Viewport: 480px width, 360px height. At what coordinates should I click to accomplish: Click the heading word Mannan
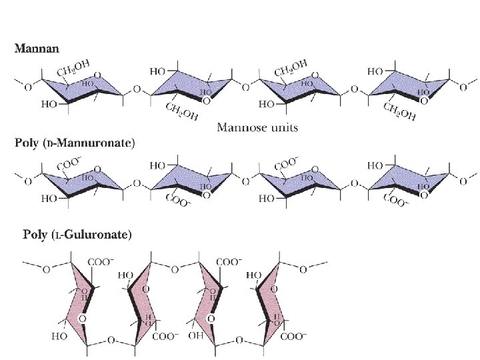(37, 48)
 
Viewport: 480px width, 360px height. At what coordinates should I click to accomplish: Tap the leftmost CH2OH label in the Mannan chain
(73, 67)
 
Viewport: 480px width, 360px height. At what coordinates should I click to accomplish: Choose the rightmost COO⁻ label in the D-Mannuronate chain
(398, 199)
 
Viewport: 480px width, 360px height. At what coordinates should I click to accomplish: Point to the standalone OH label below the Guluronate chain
(195, 336)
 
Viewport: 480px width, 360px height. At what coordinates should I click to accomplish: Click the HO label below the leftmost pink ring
(60, 337)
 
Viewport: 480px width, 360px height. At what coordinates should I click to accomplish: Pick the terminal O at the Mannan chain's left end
(27, 85)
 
